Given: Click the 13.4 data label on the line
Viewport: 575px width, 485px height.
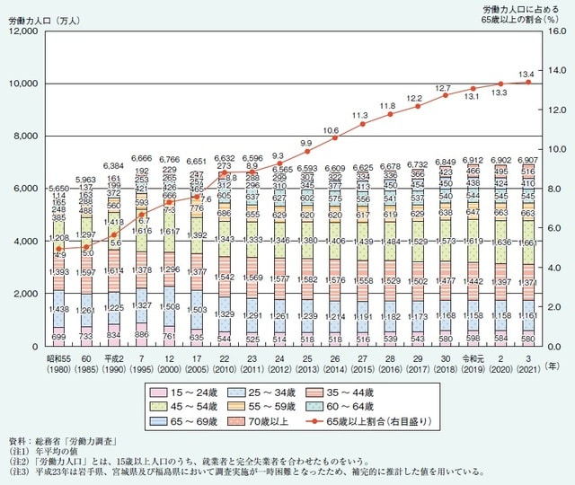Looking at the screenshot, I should click(x=526, y=73).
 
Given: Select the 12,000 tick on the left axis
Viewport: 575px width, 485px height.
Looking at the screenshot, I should click(x=21, y=31).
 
